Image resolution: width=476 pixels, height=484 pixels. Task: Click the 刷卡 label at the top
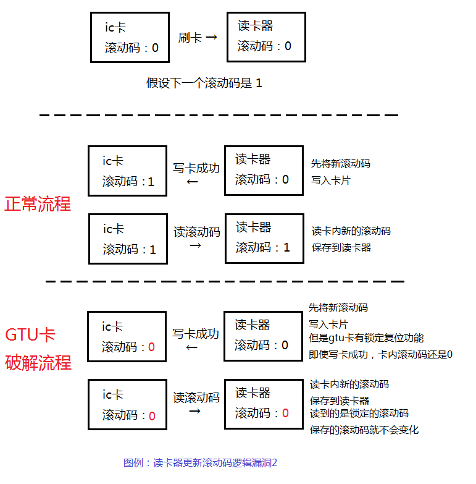pyautogui.click(x=190, y=38)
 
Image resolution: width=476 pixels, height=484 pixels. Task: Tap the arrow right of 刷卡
pyautogui.click(x=211, y=38)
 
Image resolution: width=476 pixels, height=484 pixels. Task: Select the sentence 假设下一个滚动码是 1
pyautogui.click(x=204, y=83)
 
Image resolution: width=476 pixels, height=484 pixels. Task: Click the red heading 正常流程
pyautogui.click(x=38, y=204)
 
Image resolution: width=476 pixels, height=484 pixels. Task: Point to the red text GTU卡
pyautogui.click(x=30, y=335)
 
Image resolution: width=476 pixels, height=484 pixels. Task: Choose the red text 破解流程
pyautogui.click(x=38, y=362)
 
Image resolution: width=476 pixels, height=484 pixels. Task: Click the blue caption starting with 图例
pyautogui.click(x=200, y=462)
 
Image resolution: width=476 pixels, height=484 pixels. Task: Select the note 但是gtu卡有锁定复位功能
pyautogui.click(x=366, y=338)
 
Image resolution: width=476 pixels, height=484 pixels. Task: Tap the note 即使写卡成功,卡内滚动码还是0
pyautogui.click(x=381, y=355)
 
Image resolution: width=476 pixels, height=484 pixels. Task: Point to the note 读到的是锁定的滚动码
pyautogui.click(x=359, y=414)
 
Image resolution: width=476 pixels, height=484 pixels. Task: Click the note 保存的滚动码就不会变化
pyautogui.click(x=364, y=430)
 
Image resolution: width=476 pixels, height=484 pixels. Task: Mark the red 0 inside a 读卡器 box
pyautogui.click(x=285, y=413)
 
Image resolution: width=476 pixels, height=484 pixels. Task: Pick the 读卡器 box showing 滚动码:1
pyautogui.click(x=264, y=238)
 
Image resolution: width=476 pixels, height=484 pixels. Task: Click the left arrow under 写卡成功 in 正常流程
pyautogui.click(x=193, y=182)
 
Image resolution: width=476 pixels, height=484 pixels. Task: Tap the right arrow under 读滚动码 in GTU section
pyautogui.click(x=195, y=411)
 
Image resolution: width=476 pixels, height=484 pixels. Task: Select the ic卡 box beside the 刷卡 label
pyautogui.click(x=130, y=38)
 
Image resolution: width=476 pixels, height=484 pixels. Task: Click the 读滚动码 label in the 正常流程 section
pyautogui.click(x=197, y=232)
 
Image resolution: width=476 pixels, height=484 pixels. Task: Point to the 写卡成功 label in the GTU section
pyautogui.click(x=195, y=334)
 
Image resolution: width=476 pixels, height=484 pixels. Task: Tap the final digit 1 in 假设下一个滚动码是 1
pyautogui.click(x=259, y=83)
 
